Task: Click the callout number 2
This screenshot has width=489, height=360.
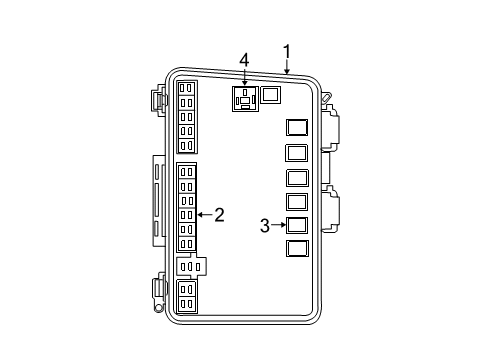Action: pos(219,213)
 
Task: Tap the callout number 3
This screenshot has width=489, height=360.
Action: pos(265,226)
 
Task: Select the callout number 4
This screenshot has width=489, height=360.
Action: pos(244,61)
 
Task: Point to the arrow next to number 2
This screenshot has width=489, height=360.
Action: pos(205,213)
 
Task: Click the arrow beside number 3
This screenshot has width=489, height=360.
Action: pos(279,226)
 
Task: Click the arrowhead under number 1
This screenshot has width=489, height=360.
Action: pos(286,73)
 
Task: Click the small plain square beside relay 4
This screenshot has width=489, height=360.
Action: pos(271,96)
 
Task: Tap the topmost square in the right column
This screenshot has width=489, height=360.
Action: pos(297,128)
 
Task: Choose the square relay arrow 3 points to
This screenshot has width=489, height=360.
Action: pos(297,226)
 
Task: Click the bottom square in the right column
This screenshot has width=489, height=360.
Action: pos(297,249)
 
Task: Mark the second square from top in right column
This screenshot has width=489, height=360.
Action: pos(297,153)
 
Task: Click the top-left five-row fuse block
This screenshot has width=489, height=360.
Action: pos(187,115)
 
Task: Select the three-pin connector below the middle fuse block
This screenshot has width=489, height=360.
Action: pos(190,267)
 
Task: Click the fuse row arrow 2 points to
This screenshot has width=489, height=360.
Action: pos(187,214)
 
